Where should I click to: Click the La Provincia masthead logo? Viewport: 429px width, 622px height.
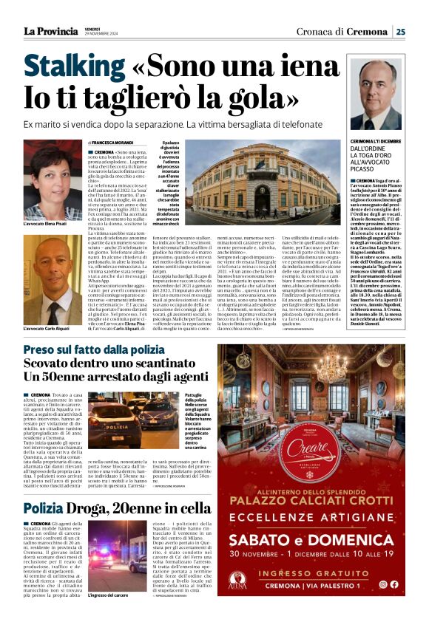tap(50, 31)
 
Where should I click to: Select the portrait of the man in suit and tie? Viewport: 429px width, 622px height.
tap(377, 96)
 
